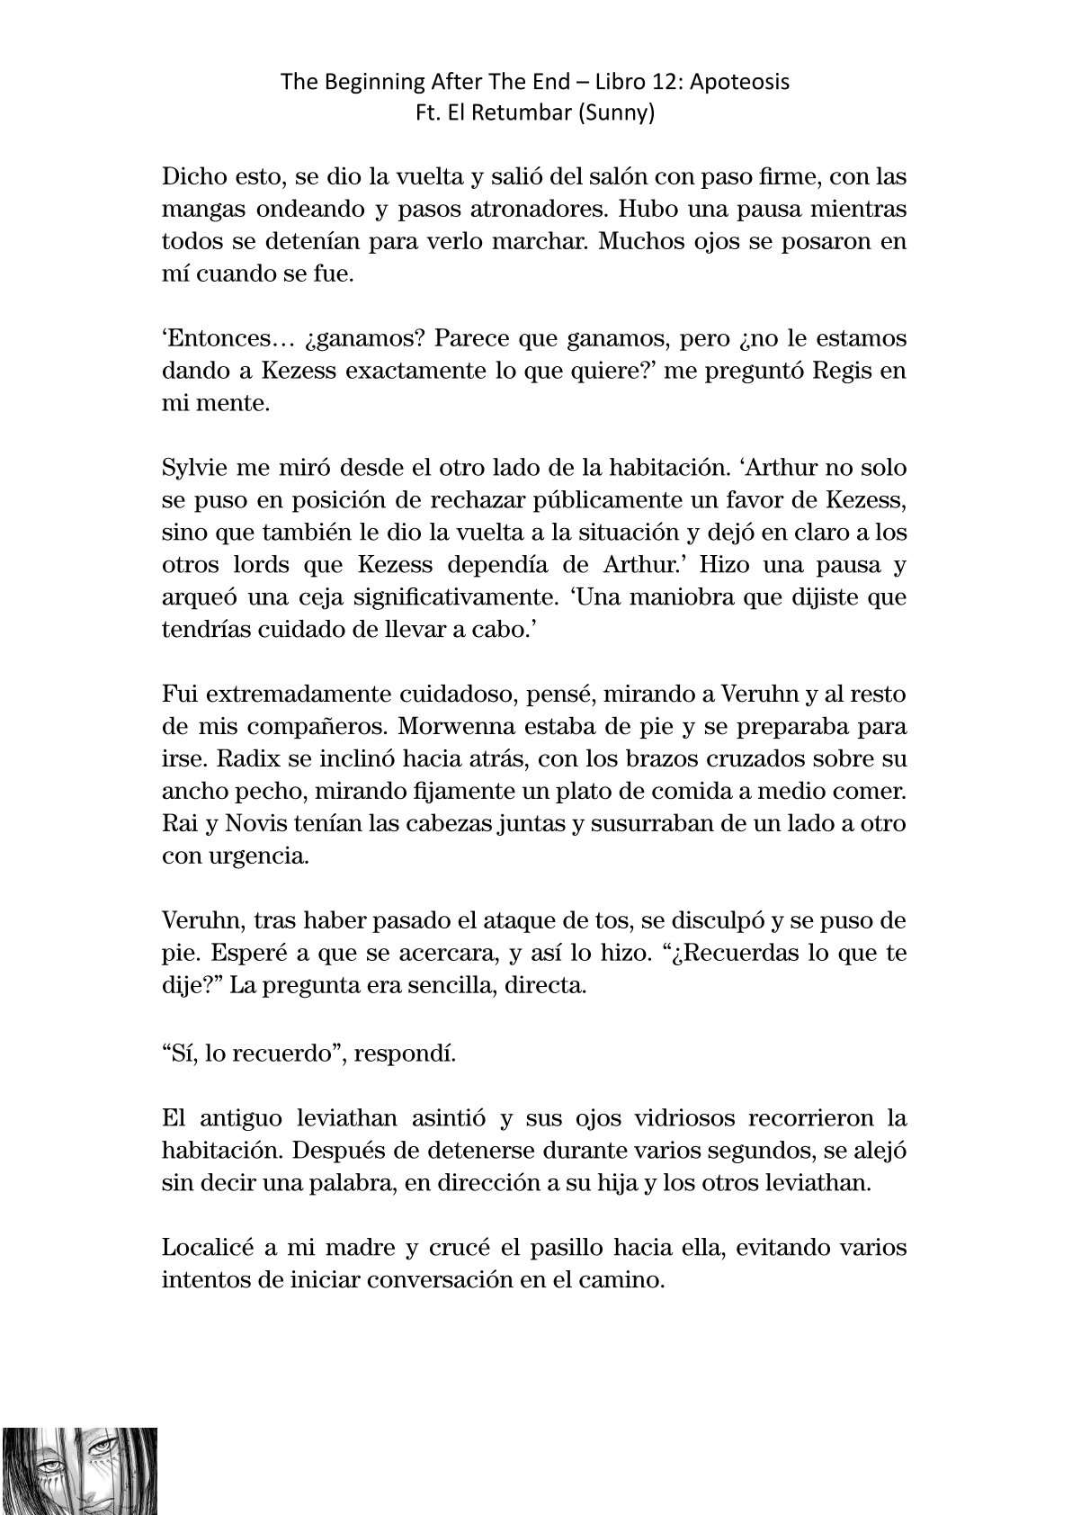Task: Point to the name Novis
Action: (x=258, y=824)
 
